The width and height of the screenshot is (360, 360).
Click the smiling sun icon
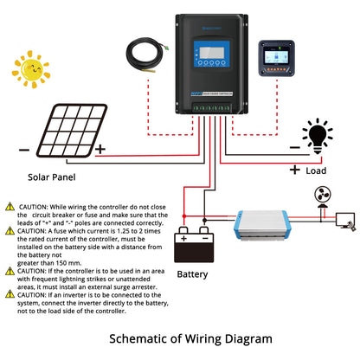pos(32,70)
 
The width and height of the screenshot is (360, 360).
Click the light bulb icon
pos(318,136)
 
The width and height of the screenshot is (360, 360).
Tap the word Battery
pos(192,274)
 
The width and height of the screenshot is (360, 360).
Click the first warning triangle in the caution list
pos(10,208)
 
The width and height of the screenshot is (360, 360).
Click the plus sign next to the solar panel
pos(100,148)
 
